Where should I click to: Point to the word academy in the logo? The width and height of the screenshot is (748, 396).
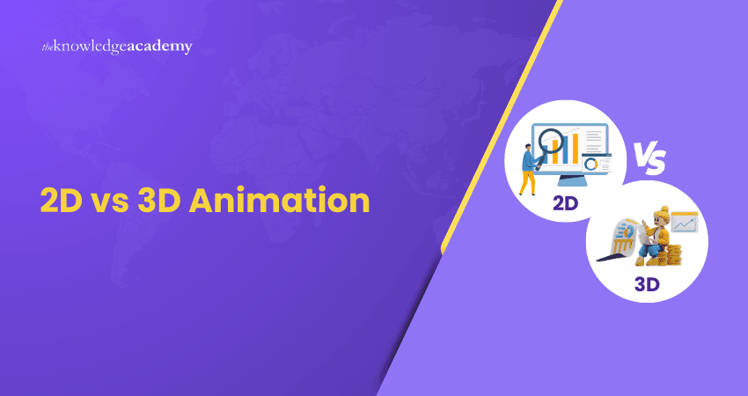point(158,47)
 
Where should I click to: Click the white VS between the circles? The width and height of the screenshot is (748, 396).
point(649,159)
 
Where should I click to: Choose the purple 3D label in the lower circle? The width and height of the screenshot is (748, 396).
point(646,284)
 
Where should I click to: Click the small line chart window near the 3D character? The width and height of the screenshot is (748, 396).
point(684,223)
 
